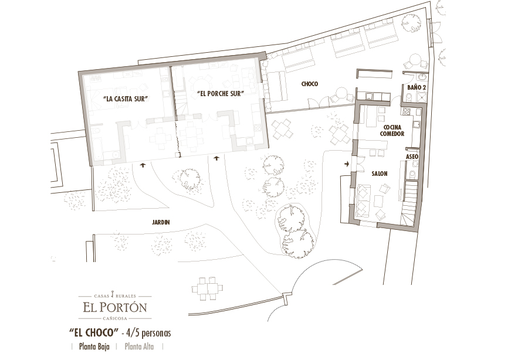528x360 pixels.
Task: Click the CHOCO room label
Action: pyautogui.click(x=309, y=84)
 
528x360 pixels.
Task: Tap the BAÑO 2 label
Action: pyautogui.click(x=417, y=87)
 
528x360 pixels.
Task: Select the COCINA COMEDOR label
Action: pyautogui.click(x=392, y=131)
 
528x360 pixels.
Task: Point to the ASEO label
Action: pyautogui.click(x=412, y=157)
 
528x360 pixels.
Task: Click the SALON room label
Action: pyautogui.click(x=380, y=174)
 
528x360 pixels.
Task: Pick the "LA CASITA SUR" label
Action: pyautogui.click(x=126, y=99)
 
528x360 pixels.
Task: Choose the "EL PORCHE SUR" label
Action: pyautogui.click(x=221, y=94)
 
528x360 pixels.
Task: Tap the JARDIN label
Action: pyautogui.click(x=161, y=222)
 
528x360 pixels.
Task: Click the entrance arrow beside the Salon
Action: pyautogui.click(x=347, y=164)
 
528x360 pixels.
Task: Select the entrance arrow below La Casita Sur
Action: pyautogui.click(x=143, y=165)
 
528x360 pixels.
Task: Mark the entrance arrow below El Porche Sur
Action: pyautogui.click(x=216, y=158)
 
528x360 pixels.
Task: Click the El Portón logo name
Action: pyautogui.click(x=115, y=307)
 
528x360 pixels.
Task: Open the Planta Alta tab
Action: pyautogui.click(x=139, y=347)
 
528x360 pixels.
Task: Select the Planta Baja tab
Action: pyautogui.click(x=94, y=347)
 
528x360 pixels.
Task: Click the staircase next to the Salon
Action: pyautogui.click(x=410, y=202)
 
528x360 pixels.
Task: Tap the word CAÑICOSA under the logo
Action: pyautogui.click(x=115, y=318)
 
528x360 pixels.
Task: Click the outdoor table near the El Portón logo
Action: pyautogui.click(x=208, y=288)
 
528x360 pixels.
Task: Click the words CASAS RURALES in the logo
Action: pyautogui.click(x=115, y=296)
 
